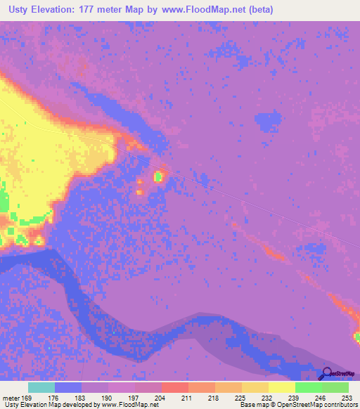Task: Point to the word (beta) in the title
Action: pyautogui.click(x=258, y=10)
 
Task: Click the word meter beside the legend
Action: pyautogui.click(x=10, y=398)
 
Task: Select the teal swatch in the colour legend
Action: pyautogui.click(x=41, y=387)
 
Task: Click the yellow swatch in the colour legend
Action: pyautogui.click(x=282, y=387)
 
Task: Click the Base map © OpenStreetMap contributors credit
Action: pyautogui.click(x=299, y=405)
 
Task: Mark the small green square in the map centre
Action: pyautogui.click(x=159, y=176)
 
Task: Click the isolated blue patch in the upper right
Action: pyautogui.click(x=267, y=123)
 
